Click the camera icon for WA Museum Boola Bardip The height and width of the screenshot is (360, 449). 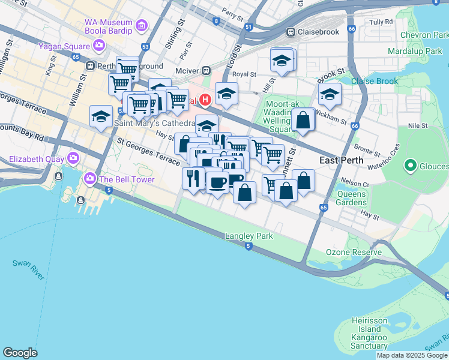142,26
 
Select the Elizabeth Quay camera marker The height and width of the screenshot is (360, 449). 73,159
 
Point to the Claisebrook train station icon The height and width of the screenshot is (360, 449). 291,32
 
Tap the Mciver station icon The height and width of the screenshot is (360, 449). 206,71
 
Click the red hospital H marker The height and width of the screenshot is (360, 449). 205,100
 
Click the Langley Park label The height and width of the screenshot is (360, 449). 249,236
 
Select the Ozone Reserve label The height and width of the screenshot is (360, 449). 354,252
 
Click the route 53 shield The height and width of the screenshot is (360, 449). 145,46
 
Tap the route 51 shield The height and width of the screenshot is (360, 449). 249,27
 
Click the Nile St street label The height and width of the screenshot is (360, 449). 417,126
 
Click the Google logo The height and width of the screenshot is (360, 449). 20,353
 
